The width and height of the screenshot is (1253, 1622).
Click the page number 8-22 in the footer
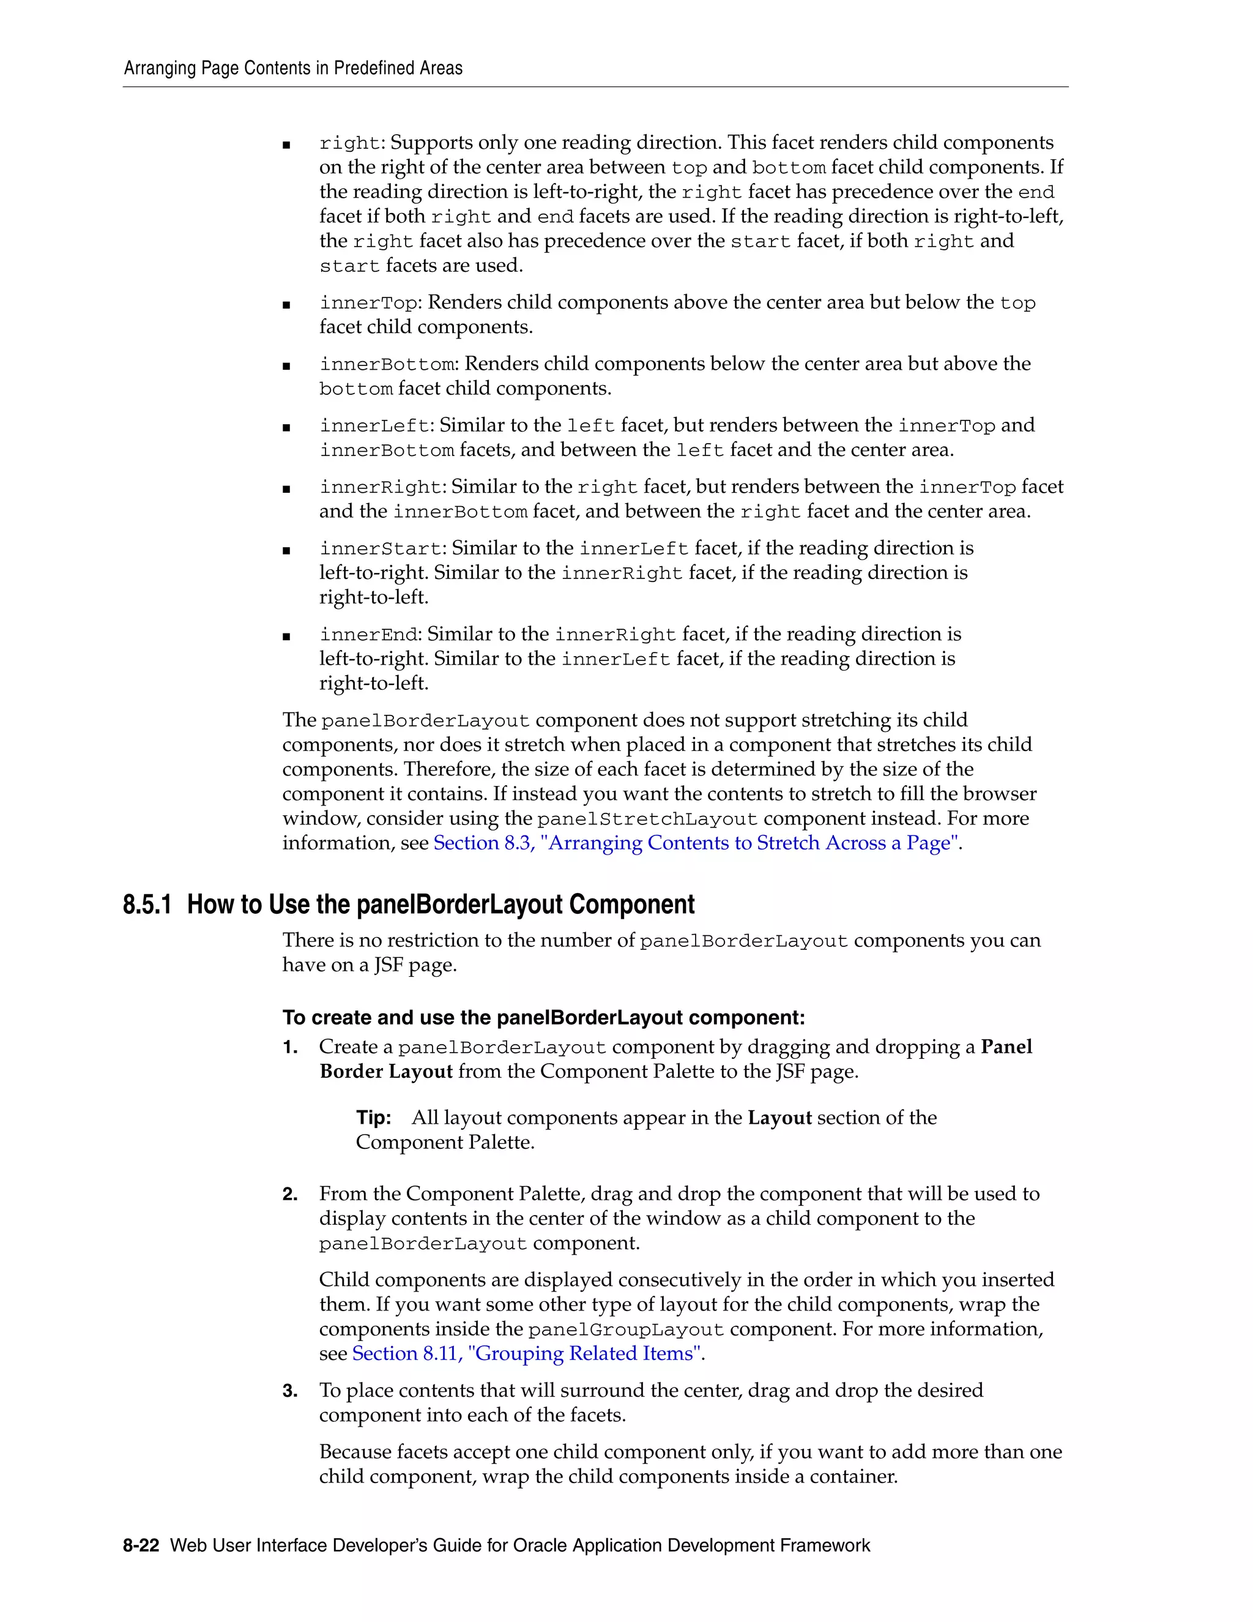click(141, 1545)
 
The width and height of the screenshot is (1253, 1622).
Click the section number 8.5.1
click(147, 905)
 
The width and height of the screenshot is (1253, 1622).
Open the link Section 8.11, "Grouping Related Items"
click(526, 1353)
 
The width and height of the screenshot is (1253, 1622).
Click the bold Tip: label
click(373, 1118)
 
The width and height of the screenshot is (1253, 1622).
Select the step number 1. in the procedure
click(289, 1047)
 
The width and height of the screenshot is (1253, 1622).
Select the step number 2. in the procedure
click(289, 1194)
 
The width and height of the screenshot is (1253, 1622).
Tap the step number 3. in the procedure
click(289, 1390)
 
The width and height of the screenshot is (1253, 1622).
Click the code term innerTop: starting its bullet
click(369, 303)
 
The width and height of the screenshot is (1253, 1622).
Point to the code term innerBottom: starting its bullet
click(389, 365)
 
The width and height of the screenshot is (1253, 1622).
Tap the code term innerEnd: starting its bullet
click(369, 635)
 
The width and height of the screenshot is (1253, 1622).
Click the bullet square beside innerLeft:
click(286, 428)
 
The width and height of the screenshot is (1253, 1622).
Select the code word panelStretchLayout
click(647, 819)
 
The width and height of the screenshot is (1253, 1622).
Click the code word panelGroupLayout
click(625, 1329)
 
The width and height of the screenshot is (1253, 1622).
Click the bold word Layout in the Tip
click(779, 1118)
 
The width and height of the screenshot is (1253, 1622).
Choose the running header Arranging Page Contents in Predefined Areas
click(292, 69)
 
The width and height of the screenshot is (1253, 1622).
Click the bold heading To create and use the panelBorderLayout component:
click(543, 1017)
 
